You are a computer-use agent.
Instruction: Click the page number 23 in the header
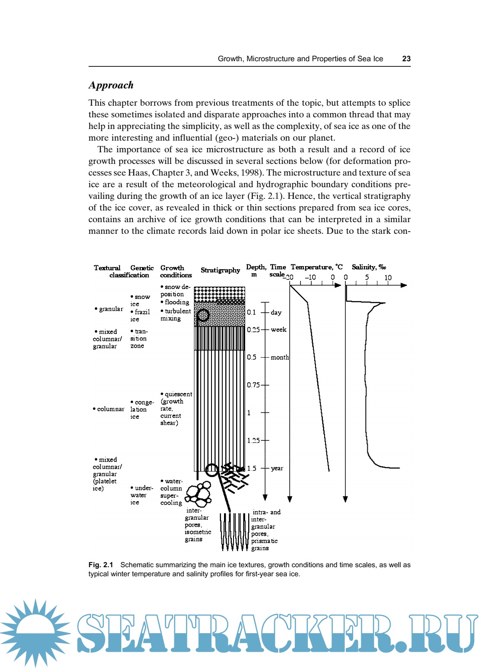(x=406, y=59)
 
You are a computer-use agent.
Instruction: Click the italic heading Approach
(x=111, y=85)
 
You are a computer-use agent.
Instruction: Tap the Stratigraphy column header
(x=220, y=270)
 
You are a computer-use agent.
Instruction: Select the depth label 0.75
(x=253, y=385)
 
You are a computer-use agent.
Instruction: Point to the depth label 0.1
(x=251, y=312)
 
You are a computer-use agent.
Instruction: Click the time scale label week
(x=278, y=330)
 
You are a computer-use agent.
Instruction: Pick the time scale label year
(x=277, y=468)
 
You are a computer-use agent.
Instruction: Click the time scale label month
(x=280, y=357)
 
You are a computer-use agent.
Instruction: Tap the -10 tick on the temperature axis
(x=310, y=277)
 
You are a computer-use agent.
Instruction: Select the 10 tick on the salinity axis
(x=388, y=277)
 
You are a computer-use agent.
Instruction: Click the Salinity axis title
(x=369, y=267)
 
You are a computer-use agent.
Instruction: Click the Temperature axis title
(x=316, y=267)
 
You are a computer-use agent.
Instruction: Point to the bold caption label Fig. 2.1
(x=101, y=565)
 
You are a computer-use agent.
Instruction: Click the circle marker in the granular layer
(x=203, y=315)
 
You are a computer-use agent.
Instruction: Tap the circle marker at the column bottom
(x=211, y=470)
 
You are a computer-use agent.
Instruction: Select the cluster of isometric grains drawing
(x=199, y=494)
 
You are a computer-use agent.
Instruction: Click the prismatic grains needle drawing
(x=234, y=531)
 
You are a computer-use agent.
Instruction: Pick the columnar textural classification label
(x=108, y=409)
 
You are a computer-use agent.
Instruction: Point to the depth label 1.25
(x=253, y=440)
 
